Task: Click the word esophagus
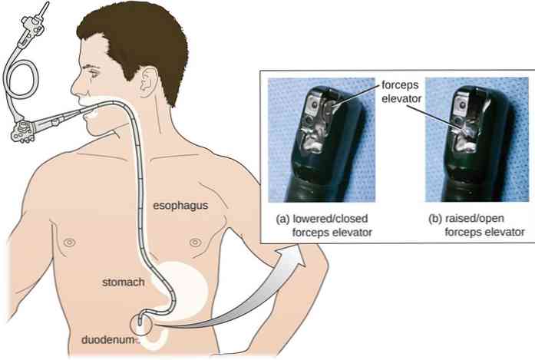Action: pos(180,206)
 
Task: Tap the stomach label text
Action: pos(123,282)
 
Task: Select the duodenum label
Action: pos(107,340)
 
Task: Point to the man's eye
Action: pos(94,73)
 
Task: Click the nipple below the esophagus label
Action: pos(195,243)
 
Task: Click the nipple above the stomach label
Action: pos(70,243)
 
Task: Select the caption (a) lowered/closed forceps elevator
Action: pos(324,226)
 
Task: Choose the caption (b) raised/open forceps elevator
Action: pos(477,226)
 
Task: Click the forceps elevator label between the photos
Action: pos(401,92)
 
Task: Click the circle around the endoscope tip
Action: pos(140,325)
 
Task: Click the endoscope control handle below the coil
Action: pos(23,131)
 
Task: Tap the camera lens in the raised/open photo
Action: pos(462,105)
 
